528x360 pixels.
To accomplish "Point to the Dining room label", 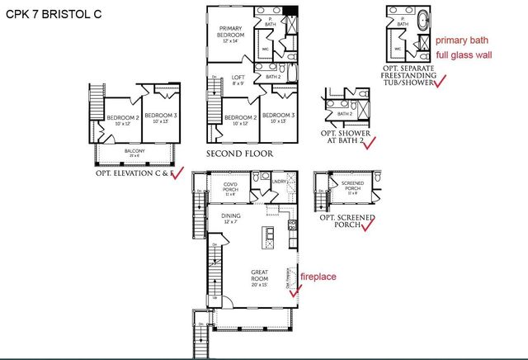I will pyautogui.click(x=231, y=219).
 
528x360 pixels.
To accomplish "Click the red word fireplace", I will pyautogui.click(x=318, y=277).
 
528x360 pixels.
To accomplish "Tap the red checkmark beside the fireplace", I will pyautogui.click(x=292, y=291).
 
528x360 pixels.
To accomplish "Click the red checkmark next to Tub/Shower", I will pyautogui.click(x=440, y=81).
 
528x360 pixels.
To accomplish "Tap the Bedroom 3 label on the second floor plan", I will pyautogui.click(x=274, y=118).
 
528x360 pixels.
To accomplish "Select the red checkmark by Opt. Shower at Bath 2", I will pyautogui.click(x=369, y=141).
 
